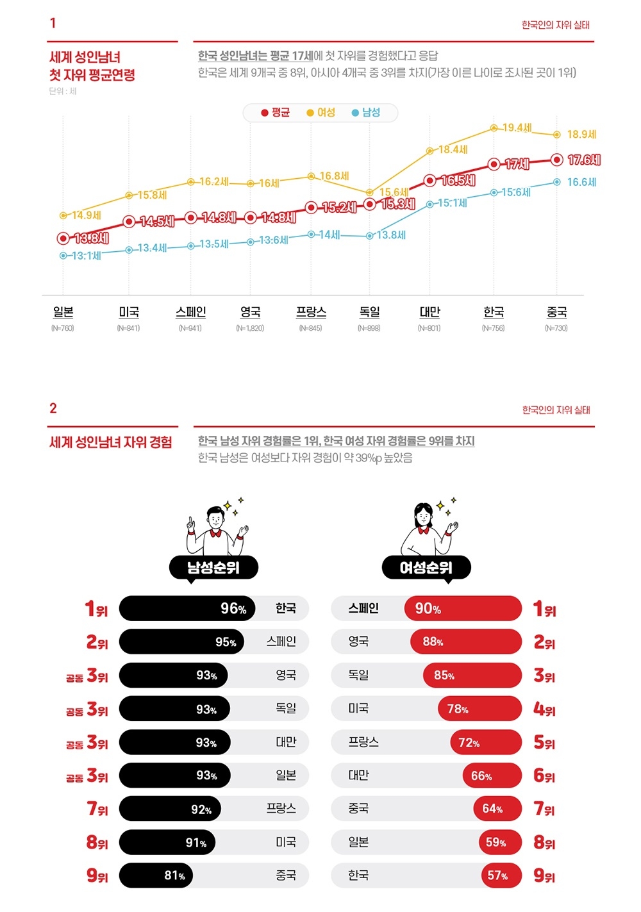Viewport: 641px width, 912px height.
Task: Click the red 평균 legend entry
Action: click(276, 113)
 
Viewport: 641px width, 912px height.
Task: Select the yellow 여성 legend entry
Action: click(321, 113)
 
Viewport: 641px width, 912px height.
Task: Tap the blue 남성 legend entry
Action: click(366, 113)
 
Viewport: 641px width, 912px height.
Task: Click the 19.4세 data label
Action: click(517, 128)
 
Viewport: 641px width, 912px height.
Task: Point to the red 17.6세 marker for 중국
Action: click(557, 160)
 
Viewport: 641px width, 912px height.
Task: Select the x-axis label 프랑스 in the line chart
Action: click(311, 312)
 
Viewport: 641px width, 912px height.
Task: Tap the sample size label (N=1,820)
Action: click(250, 328)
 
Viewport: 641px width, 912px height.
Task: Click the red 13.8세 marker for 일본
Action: click(63, 238)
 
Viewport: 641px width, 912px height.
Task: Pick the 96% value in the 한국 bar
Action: click(233, 609)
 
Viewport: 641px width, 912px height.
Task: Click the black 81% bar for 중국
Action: click(156, 875)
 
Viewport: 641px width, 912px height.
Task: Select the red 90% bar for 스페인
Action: click(463, 609)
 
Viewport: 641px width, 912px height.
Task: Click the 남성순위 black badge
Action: click(213, 567)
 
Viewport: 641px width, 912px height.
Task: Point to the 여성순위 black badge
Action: click(426, 567)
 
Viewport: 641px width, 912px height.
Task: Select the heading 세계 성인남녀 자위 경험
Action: click(111, 442)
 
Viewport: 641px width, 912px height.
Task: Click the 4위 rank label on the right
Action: click(544, 709)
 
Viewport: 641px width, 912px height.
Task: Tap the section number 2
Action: click(53, 408)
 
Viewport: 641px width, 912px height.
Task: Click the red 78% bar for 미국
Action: click(479, 709)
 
